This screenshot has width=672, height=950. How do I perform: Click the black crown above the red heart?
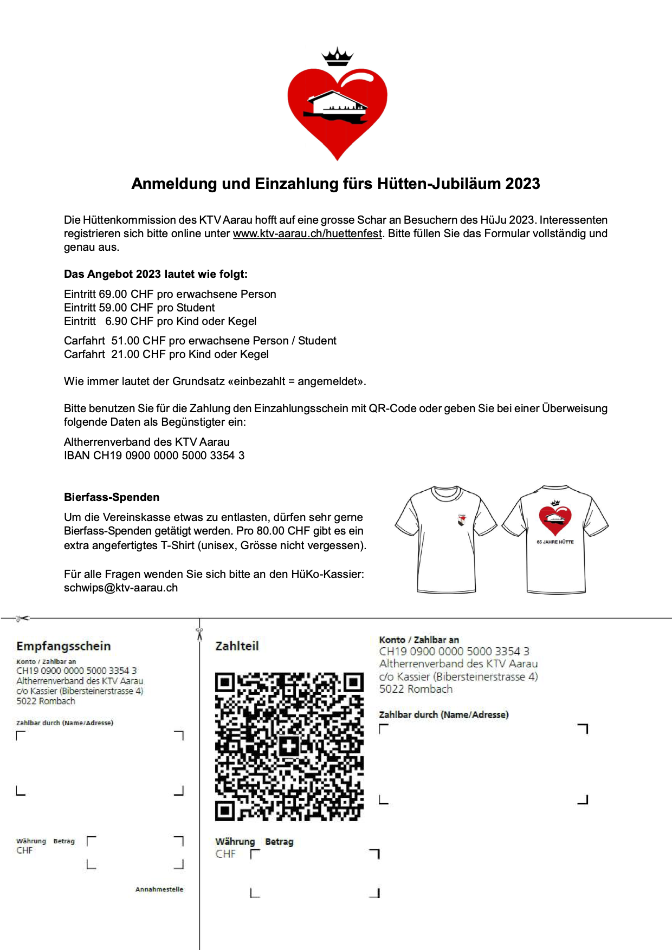click(337, 57)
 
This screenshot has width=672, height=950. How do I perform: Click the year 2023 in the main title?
click(522, 184)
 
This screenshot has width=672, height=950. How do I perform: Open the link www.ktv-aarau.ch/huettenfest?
click(307, 234)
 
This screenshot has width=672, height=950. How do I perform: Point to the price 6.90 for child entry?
click(117, 321)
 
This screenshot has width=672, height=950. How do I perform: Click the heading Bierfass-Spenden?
click(112, 497)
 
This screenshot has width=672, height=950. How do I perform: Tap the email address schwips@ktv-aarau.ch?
click(121, 588)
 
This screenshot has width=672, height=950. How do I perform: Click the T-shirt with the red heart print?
click(555, 539)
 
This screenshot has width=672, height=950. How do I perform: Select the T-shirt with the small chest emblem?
click(445, 539)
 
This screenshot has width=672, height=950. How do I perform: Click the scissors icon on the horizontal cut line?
click(22, 618)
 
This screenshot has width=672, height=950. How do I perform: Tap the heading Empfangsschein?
click(63, 646)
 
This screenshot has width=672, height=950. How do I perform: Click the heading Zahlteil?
click(237, 646)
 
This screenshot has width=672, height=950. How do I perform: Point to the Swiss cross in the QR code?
click(289, 746)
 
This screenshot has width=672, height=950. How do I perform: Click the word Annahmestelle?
click(159, 889)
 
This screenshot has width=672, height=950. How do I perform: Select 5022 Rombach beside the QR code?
click(416, 689)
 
